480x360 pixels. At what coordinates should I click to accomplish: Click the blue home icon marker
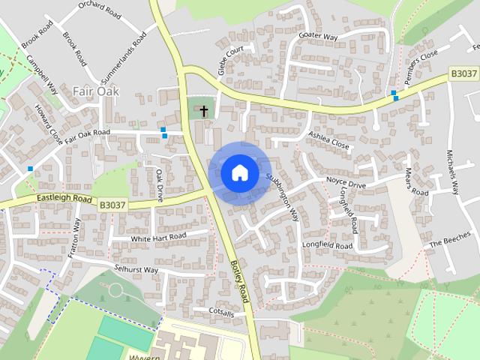(x=239, y=172)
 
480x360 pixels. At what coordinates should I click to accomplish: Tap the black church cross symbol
(x=203, y=111)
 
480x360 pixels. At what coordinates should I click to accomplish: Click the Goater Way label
(x=318, y=36)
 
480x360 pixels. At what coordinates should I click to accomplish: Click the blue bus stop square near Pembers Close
(x=394, y=94)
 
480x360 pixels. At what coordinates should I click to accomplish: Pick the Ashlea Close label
(x=328, y=139)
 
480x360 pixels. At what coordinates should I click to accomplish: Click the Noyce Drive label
(x=346, y=182)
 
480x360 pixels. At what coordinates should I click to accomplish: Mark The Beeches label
(x=448, y=244)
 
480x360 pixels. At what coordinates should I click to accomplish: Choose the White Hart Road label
(x=158, y=237)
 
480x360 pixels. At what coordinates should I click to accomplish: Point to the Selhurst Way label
(x=136, y=268)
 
